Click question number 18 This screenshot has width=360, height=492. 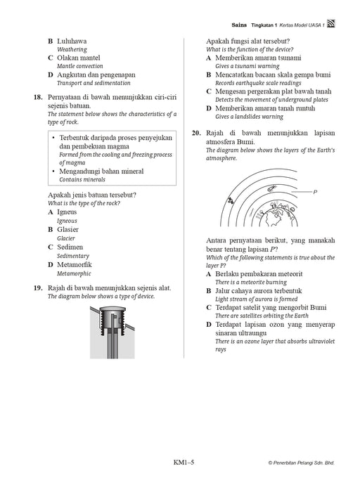38,97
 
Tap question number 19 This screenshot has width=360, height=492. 38,288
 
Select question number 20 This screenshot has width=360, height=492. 196,133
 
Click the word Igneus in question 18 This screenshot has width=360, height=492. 67,212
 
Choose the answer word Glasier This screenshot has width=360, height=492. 67,229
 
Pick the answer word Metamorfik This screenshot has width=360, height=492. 75,264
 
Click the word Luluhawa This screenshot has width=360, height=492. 72,41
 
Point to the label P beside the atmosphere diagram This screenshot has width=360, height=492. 316,192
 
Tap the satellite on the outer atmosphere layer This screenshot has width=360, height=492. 231,200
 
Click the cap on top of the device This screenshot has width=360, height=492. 112,309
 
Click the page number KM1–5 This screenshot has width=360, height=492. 184,462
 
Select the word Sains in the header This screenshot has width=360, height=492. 239,25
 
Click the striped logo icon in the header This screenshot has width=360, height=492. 331,23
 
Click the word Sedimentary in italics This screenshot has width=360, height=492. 73,256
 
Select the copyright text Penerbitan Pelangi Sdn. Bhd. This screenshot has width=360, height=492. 302,462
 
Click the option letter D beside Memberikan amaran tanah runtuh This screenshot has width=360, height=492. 209,108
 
